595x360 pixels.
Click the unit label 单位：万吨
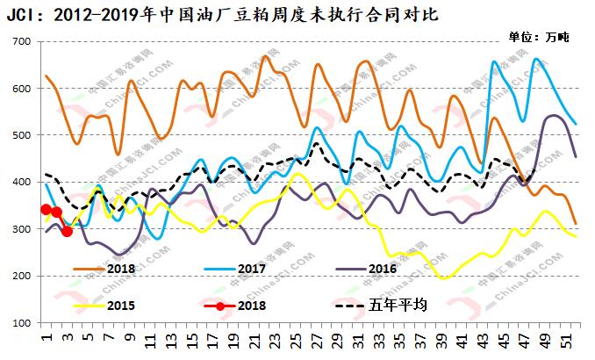(539, 37)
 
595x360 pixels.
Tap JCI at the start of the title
(23, 15)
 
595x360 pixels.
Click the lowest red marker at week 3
(67, 231)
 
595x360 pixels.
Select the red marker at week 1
(46, 209)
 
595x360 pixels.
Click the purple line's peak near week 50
(555, 115)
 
